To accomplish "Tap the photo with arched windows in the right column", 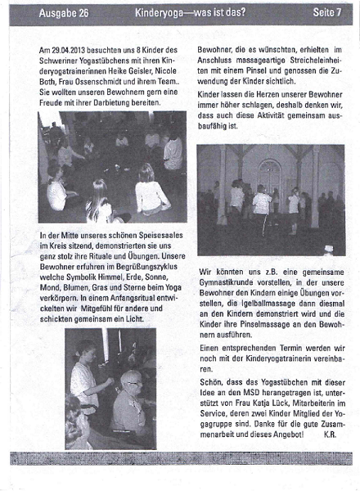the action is click(x=270, y=200).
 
